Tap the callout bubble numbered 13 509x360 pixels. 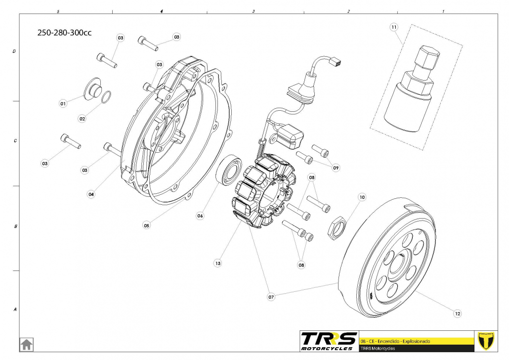point(218,264)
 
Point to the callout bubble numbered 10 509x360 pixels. point(362,197)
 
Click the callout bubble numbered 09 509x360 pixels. point(336,168)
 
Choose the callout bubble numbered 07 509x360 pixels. point(271,297)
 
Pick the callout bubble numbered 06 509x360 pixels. point(200,216)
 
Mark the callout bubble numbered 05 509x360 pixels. point(147,225)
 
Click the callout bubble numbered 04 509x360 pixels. point(91,194)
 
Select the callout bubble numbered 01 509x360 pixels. point(63,104)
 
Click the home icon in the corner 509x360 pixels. point(26,344)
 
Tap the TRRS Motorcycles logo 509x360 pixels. point(329,341)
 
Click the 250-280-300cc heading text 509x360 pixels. point(65,33)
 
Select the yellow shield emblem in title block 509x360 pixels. point(487,341)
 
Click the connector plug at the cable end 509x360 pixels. point(338,62)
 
